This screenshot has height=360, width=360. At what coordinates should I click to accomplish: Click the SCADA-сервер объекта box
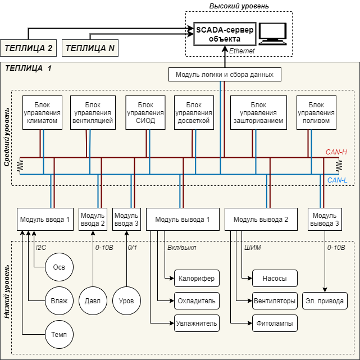click(225, 34)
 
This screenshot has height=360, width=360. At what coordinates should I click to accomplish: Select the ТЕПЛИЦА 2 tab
click(29, 48)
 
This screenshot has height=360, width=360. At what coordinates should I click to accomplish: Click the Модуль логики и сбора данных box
click(225, 74)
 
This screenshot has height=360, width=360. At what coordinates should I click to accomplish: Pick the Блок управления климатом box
click(42, 113)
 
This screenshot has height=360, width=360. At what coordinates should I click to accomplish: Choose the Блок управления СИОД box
click(145, 113)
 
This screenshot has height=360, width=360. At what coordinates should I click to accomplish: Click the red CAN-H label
click(336, 152)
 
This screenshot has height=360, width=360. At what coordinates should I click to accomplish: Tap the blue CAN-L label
click(337, 180)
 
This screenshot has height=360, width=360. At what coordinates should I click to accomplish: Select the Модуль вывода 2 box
click(261, 219)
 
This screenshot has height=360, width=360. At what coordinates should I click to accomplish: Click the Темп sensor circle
click(59, 335)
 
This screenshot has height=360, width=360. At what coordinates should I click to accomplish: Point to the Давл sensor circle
click(93, 300)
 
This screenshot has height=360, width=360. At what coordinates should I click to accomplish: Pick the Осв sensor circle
click(59, 267)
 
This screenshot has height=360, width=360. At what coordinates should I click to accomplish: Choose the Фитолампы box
click(275, 323)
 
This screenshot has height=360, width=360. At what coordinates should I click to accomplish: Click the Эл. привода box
click(325, 300)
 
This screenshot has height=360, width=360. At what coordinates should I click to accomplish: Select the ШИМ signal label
click(253, 247)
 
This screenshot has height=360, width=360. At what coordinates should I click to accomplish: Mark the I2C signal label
click(42, 247)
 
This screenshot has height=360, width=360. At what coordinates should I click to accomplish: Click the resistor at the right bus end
click(339, 166)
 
